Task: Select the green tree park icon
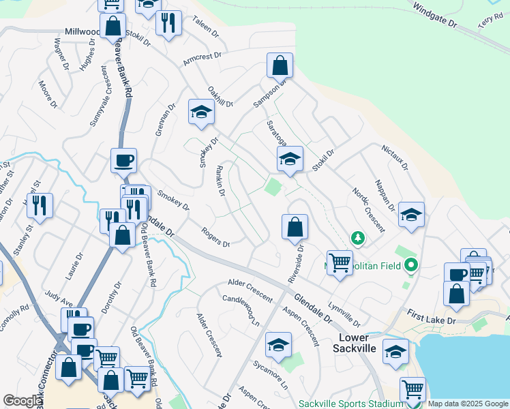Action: [357, 238]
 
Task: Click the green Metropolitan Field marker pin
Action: [410, 265]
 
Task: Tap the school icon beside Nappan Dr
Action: [411, 215]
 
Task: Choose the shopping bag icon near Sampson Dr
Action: [280, 66]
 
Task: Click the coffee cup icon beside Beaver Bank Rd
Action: [123, 161]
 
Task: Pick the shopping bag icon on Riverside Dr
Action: [295, 227]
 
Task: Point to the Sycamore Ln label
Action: [270, 376]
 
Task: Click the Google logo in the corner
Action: [22, 401]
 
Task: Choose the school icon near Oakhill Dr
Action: [201, 112]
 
